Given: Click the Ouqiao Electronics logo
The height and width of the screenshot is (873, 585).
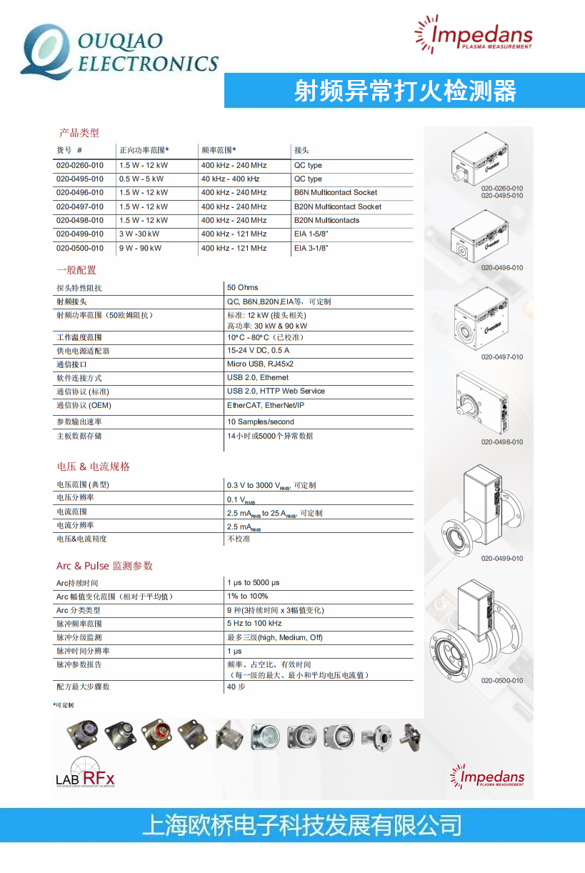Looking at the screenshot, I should click(118, 51).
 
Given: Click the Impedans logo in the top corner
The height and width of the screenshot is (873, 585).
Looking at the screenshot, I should click(474, 35).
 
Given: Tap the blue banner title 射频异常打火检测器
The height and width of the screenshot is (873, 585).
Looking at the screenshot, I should click(405, 91).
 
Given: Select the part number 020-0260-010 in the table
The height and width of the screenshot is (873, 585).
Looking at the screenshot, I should click(80, 165).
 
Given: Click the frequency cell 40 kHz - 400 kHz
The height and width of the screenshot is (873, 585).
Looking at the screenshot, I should click(230, 179).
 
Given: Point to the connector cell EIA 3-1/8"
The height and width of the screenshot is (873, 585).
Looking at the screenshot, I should click(311, 248).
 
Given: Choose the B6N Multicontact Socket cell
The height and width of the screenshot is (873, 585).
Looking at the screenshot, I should click(335, 192).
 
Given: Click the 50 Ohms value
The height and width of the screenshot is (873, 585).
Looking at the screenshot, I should click(243, 287).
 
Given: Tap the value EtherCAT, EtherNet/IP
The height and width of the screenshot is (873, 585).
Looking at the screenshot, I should click(265, 405).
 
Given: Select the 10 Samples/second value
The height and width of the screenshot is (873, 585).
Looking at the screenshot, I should click(260, 421).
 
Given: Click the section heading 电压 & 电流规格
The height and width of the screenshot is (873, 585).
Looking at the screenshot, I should click(94, 467).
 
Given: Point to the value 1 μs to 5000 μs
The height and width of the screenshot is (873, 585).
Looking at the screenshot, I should click(253, 583).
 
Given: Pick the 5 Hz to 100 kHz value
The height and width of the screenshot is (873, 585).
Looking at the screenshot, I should click(254, 623).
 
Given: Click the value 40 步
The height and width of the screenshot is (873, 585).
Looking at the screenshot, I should click(236, 687).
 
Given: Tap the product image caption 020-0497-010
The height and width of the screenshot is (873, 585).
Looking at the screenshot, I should click(501, 357).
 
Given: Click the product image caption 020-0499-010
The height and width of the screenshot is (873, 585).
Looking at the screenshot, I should click(501, 559).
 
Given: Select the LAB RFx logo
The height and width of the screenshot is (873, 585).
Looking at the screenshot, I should click(86, 772).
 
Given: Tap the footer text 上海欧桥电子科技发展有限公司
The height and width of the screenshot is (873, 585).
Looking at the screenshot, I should click(301, 826).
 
